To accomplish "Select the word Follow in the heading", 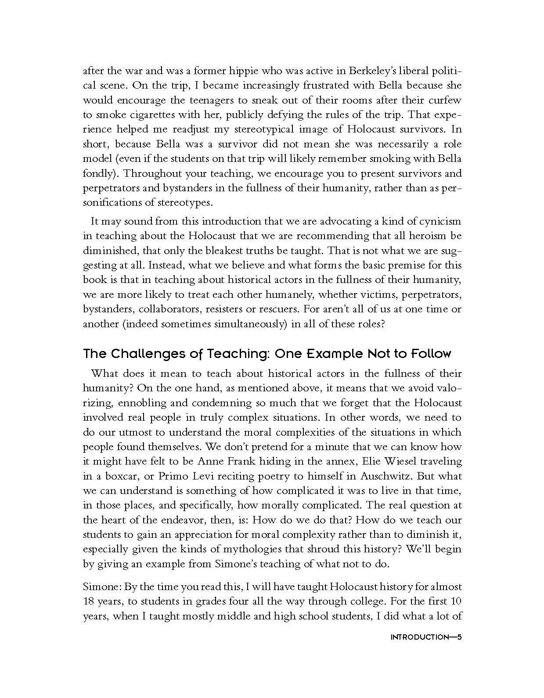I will tap(430, 354).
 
